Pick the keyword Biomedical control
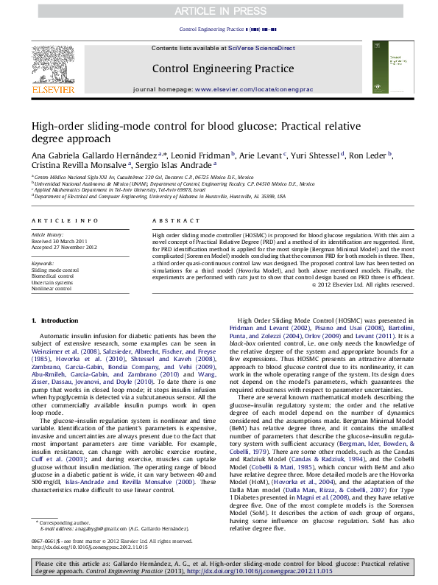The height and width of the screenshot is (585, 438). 57,276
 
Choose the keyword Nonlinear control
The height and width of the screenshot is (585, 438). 52,289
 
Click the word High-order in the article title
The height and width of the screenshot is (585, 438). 57,127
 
